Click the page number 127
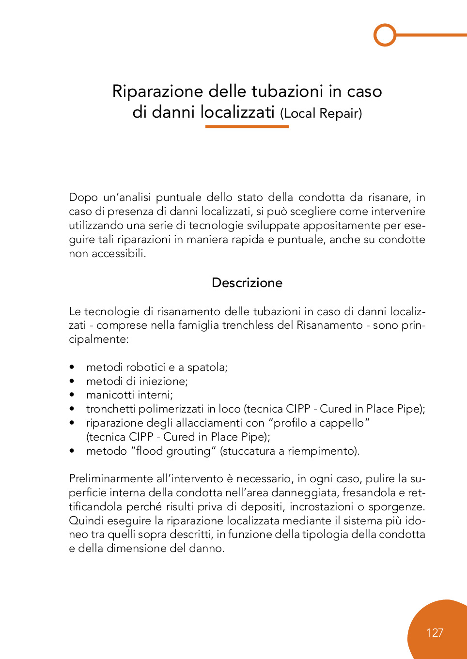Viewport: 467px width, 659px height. (435, 633)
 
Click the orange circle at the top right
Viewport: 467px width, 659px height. (385, 35)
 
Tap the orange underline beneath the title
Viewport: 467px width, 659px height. (247, 126)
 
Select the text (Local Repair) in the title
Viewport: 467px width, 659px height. (321, 113)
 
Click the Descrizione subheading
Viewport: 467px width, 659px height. (247, 283)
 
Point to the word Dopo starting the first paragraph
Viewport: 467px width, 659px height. (83, 198)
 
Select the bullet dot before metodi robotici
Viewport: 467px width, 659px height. (72, 368)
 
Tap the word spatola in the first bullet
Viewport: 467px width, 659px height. (207, 368)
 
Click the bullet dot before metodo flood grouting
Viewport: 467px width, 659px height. (72, 451)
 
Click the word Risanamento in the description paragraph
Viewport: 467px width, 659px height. (329, 325)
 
